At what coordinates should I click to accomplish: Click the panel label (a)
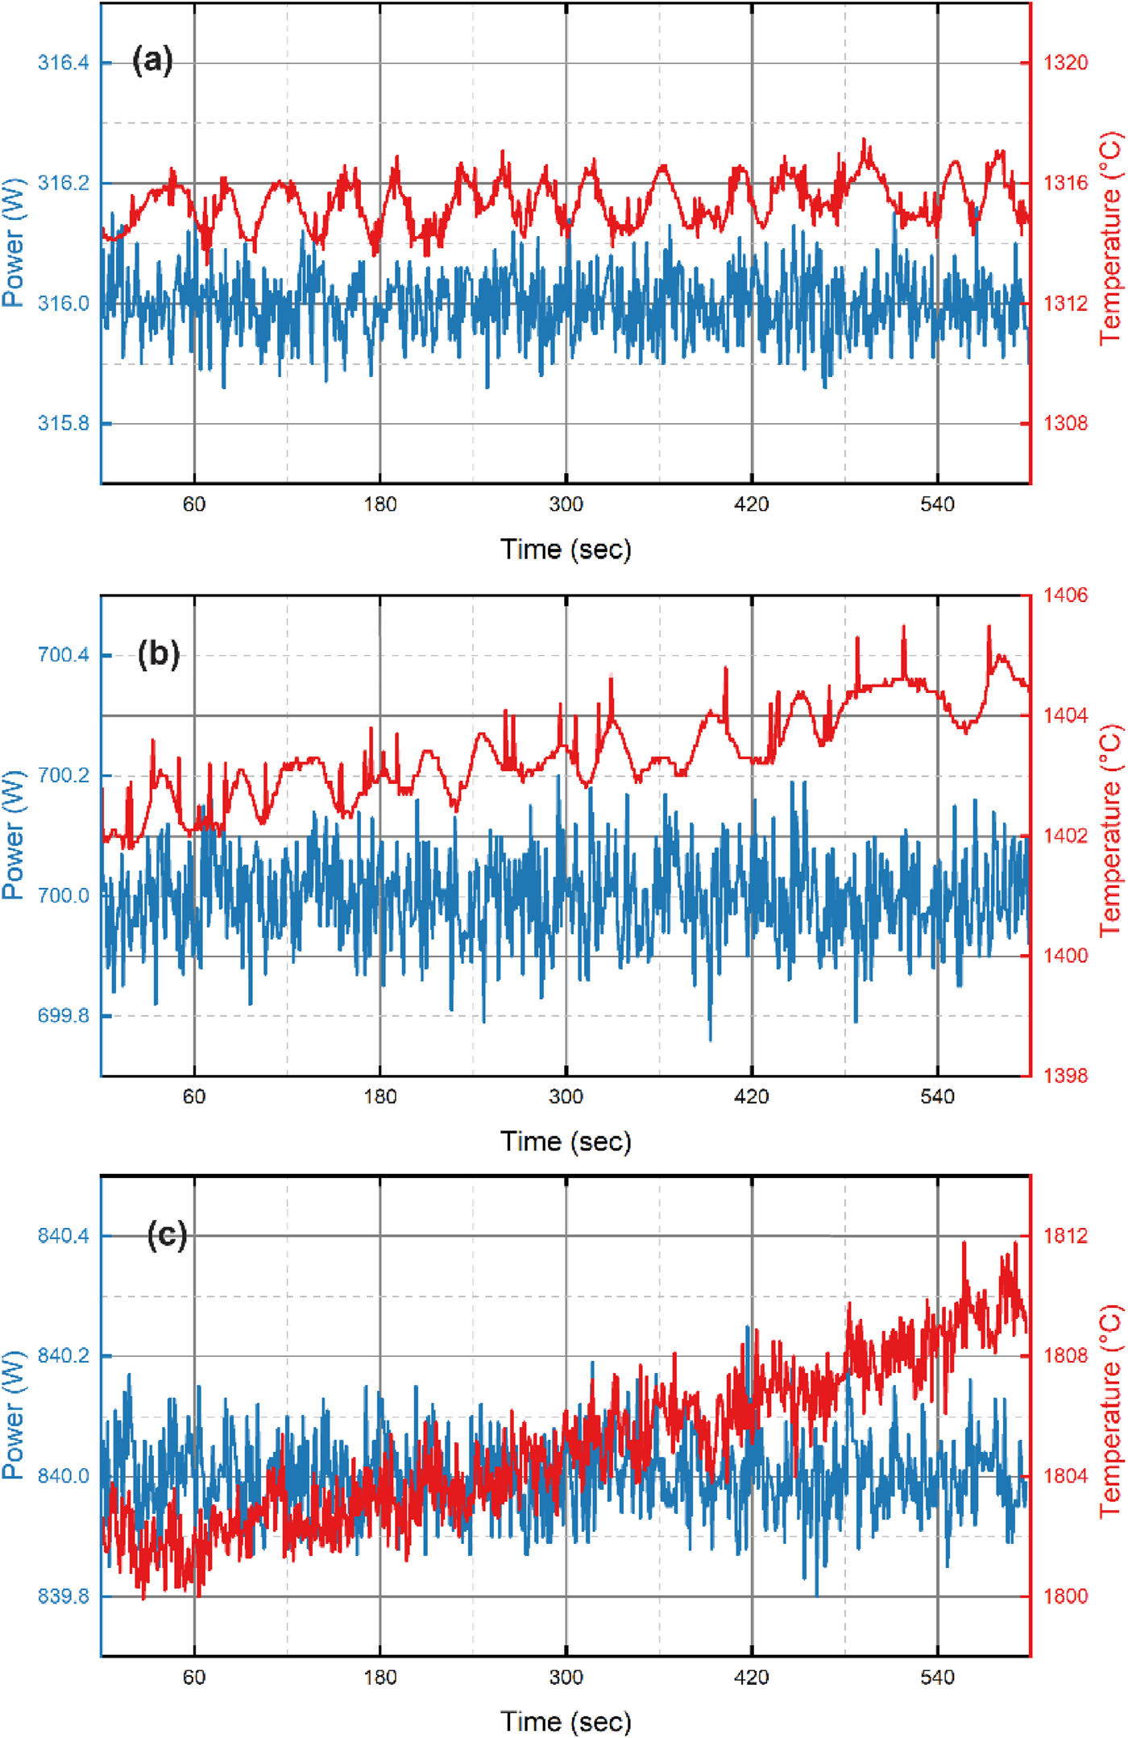tap(152, 60)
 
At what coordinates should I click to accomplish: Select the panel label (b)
tap(158, 653)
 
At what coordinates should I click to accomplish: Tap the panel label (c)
tap(167, 1235)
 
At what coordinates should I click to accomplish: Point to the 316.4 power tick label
tap(63, 63)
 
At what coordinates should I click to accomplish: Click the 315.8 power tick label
tap(63, 424)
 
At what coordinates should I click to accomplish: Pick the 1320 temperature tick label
tap(1065, 63)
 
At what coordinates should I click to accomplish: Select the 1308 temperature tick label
tap(1065, 424)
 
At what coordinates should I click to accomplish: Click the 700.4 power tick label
tap(63, 655)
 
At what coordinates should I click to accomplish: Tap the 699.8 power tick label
tap(63, 1016)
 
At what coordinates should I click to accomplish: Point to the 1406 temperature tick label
tap(1065, 595)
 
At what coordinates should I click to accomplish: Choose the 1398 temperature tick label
tap(1065, 1076)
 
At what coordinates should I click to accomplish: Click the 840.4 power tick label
tap(63, 1236)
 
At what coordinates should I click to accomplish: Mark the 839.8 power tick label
tap(63, 1596)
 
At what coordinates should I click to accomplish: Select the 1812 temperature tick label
tap(1065, 1236)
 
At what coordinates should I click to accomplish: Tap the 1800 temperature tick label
tap(1065, 1596)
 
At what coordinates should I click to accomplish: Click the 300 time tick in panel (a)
tap(566, 505)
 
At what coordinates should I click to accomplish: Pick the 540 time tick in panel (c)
tap(937, 1678)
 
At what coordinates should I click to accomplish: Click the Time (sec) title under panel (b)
tap(566, 1142)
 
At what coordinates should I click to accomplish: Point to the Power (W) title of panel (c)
tap(14, 1415)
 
